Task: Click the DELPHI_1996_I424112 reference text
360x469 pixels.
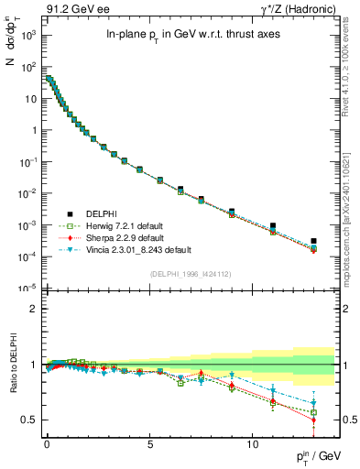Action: tap(190, 274)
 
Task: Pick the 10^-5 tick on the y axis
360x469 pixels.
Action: tap(27, 289)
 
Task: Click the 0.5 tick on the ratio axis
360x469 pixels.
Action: tap(30, 420)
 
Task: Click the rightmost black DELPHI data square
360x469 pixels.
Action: tap(313, 241)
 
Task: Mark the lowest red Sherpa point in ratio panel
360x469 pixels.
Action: tap(313, 420)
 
